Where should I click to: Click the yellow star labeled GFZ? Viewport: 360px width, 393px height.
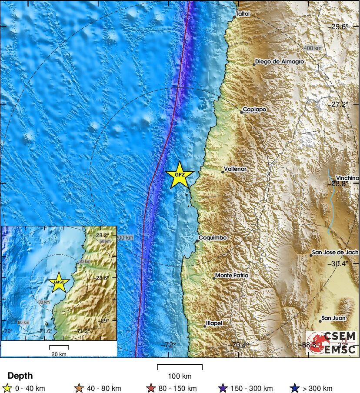tap(179, 175)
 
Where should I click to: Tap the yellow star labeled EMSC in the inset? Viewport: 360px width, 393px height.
tap(59, 282)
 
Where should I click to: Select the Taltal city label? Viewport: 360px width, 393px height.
tap(243, 14)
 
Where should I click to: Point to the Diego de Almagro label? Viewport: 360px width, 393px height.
tap(279, 62)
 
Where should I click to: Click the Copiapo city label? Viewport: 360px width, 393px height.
tap(254, 110)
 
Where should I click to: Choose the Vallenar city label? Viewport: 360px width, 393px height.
tap(235, 169)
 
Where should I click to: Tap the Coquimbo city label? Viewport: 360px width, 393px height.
tap(213, 238)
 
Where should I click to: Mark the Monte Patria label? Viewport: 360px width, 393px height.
tap(232, 276)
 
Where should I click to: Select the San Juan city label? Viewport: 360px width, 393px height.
tap(333, 318)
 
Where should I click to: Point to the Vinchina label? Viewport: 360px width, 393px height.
tap(347, 178)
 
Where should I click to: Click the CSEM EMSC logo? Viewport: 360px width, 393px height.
tap(332, 343)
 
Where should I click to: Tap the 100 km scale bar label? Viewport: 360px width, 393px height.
tap(180, 376)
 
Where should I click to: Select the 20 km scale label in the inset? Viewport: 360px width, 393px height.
tap(59, 354)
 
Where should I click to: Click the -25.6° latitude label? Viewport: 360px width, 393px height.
tap(340, 27)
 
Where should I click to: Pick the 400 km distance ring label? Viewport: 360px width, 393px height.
tap(313, 48)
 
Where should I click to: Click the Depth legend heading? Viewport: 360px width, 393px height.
tap(20, 376)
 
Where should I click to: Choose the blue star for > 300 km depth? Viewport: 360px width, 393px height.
tap(294, 388)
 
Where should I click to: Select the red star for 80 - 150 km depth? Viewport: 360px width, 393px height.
tap(151, 388)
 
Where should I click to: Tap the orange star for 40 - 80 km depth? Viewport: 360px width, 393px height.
tap(79, 388)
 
